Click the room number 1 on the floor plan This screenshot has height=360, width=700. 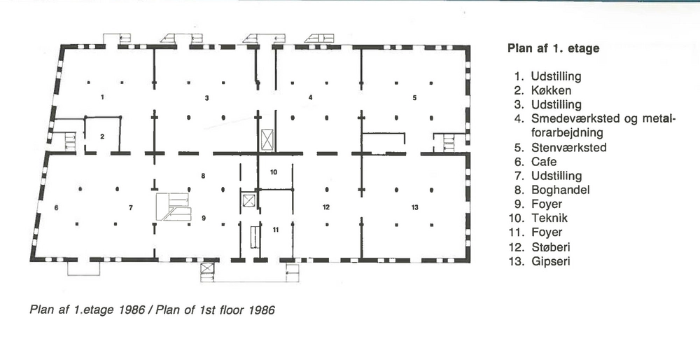point(102,97)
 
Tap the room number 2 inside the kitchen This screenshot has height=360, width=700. point(102,136)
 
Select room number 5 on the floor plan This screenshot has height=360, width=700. point(414,98)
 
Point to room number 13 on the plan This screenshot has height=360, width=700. point(414,207)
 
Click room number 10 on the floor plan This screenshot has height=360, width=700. point(274,172)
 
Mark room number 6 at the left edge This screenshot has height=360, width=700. point(56,207)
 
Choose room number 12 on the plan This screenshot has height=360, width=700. point(325,207)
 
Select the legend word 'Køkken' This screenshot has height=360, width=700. point(552,90)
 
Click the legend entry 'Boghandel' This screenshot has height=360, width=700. point(560,190)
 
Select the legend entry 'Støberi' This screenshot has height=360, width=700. point(552,247)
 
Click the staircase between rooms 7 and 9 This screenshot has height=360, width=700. point(173,207)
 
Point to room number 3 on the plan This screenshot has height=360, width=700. point(206,98)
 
